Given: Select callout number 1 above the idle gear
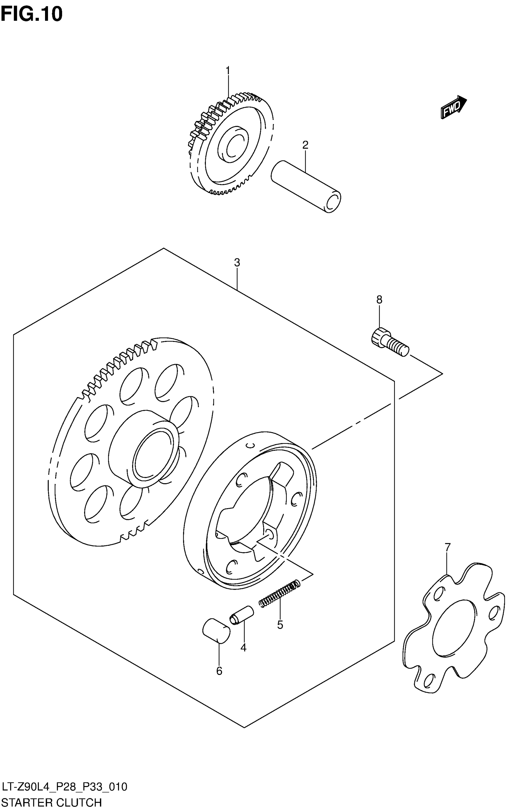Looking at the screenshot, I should (228, 71).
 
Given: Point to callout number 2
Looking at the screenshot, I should (305, 145).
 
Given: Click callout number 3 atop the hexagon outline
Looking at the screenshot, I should (237, 263).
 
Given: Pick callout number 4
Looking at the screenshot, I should (243, 648).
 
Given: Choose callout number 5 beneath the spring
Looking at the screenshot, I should (280, 625).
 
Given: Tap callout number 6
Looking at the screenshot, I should (219, 671).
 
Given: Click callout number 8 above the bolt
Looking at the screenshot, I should (379, 300).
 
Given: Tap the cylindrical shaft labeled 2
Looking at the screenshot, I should (305, 186).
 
